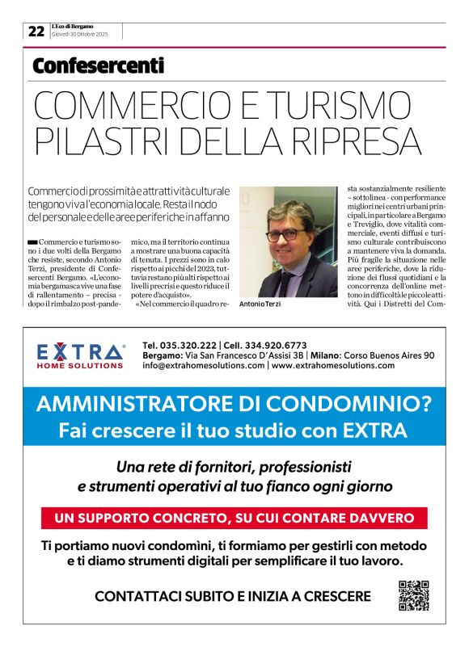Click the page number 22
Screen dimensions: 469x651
(36, 31)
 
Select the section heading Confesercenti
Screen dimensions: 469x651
(98, 66)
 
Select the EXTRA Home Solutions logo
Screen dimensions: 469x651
(81, 355)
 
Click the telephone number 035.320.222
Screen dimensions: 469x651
(196, 345)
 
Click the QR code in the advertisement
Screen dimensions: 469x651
(413, 596)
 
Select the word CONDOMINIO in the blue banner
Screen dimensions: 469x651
(357, 403)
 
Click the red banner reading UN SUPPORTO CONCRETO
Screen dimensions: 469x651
(234, 518)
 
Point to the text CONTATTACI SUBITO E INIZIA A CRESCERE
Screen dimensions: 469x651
(233, 597)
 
